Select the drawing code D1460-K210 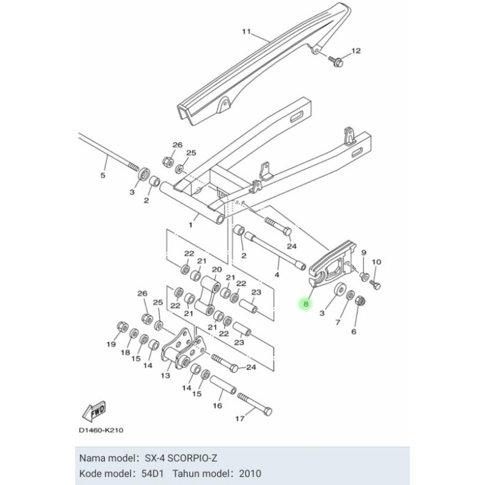pos(101,430)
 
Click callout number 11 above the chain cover pos(246,32)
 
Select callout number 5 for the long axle pos(102,176)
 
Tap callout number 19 pos(110,344)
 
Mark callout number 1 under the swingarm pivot pos(190,225)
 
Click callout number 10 pos(376,262)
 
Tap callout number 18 pos(125,352)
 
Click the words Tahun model pos(197,472)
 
